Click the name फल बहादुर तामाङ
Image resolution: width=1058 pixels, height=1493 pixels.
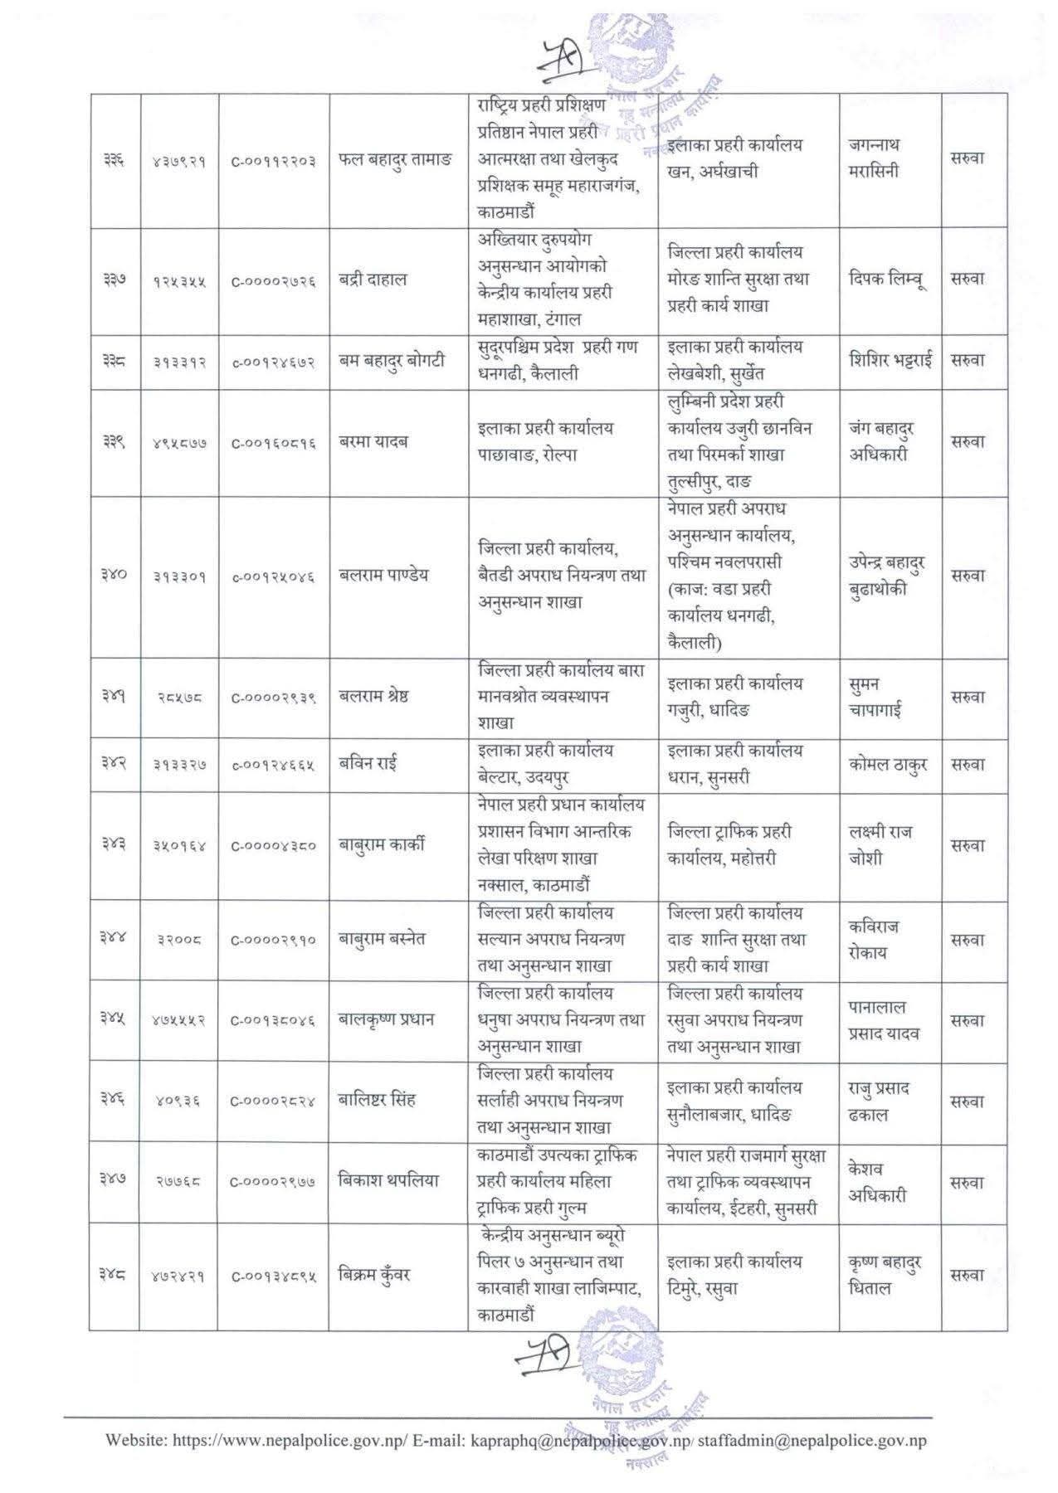(397, 159)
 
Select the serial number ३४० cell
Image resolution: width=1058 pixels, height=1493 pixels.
(114, 575)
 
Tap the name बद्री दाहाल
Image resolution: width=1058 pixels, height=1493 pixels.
(373, 279)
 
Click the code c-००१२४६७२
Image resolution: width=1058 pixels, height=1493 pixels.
(274, 362)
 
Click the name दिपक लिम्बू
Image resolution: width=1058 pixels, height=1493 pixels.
(887, 279)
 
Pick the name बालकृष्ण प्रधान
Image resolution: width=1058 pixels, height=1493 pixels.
(387, 1019)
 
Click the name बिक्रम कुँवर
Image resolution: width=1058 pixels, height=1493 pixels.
(375, 1275)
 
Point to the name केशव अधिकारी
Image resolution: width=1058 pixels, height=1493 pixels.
(877, 1182)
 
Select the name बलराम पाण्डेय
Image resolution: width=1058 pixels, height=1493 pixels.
(384, 575)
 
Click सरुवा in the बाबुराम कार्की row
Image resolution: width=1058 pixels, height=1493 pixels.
(968, 845)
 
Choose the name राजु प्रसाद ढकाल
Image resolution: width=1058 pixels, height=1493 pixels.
(879, 1101)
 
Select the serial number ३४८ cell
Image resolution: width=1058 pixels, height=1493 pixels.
(114, 1275)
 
